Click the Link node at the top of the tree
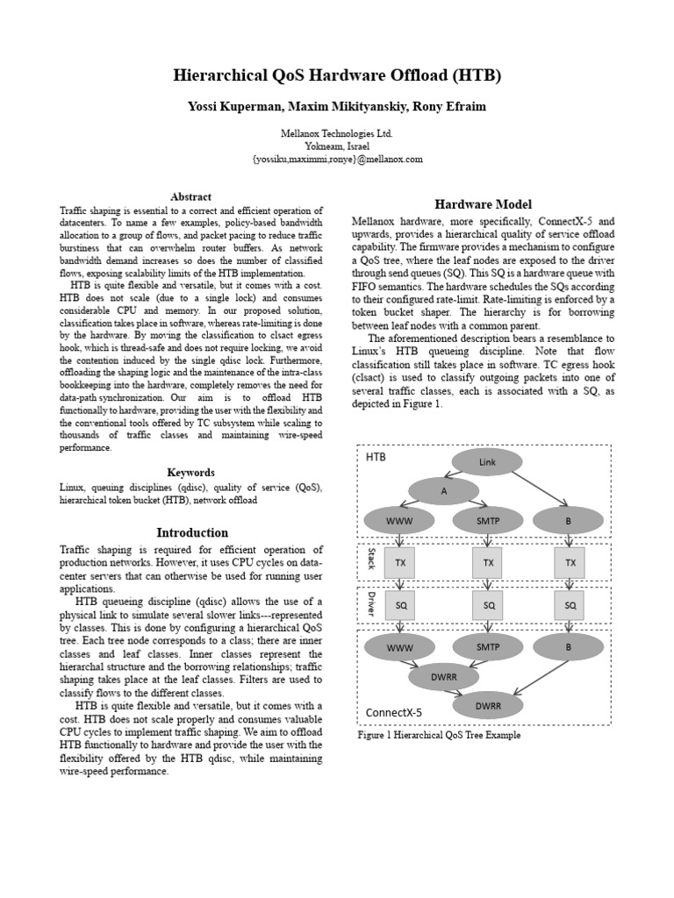coord(487,462)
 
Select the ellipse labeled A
coord(444,491)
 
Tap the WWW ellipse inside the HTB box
coord(399,521)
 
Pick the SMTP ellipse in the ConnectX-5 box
coord(487,647)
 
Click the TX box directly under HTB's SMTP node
coord(488,562)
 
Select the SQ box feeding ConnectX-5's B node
coord(570,605)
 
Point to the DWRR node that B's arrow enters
coord(487,704)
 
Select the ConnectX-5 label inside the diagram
coord(393,712)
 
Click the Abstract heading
coord(190,196)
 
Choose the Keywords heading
coord(190,473)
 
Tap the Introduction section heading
coord(191,532)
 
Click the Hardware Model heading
coord(483,204)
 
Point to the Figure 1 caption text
coord(439,735)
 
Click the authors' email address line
coord(337,159)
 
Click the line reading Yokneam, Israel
coord(337,146)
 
